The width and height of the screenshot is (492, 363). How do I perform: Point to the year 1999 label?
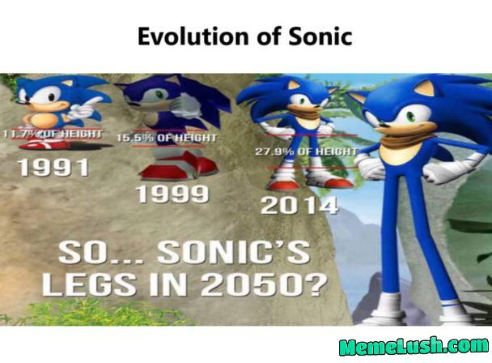click(x=172, y=194)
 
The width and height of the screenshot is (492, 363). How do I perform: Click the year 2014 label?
click(x=299, y=205)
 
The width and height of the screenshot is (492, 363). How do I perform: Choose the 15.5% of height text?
click(x=167, y=139)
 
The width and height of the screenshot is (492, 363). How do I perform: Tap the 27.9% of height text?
click(x=306, y=152)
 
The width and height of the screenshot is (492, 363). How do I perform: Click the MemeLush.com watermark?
click(x=413, y=347)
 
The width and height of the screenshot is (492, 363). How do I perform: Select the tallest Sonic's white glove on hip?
click(x=371, y=169)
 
